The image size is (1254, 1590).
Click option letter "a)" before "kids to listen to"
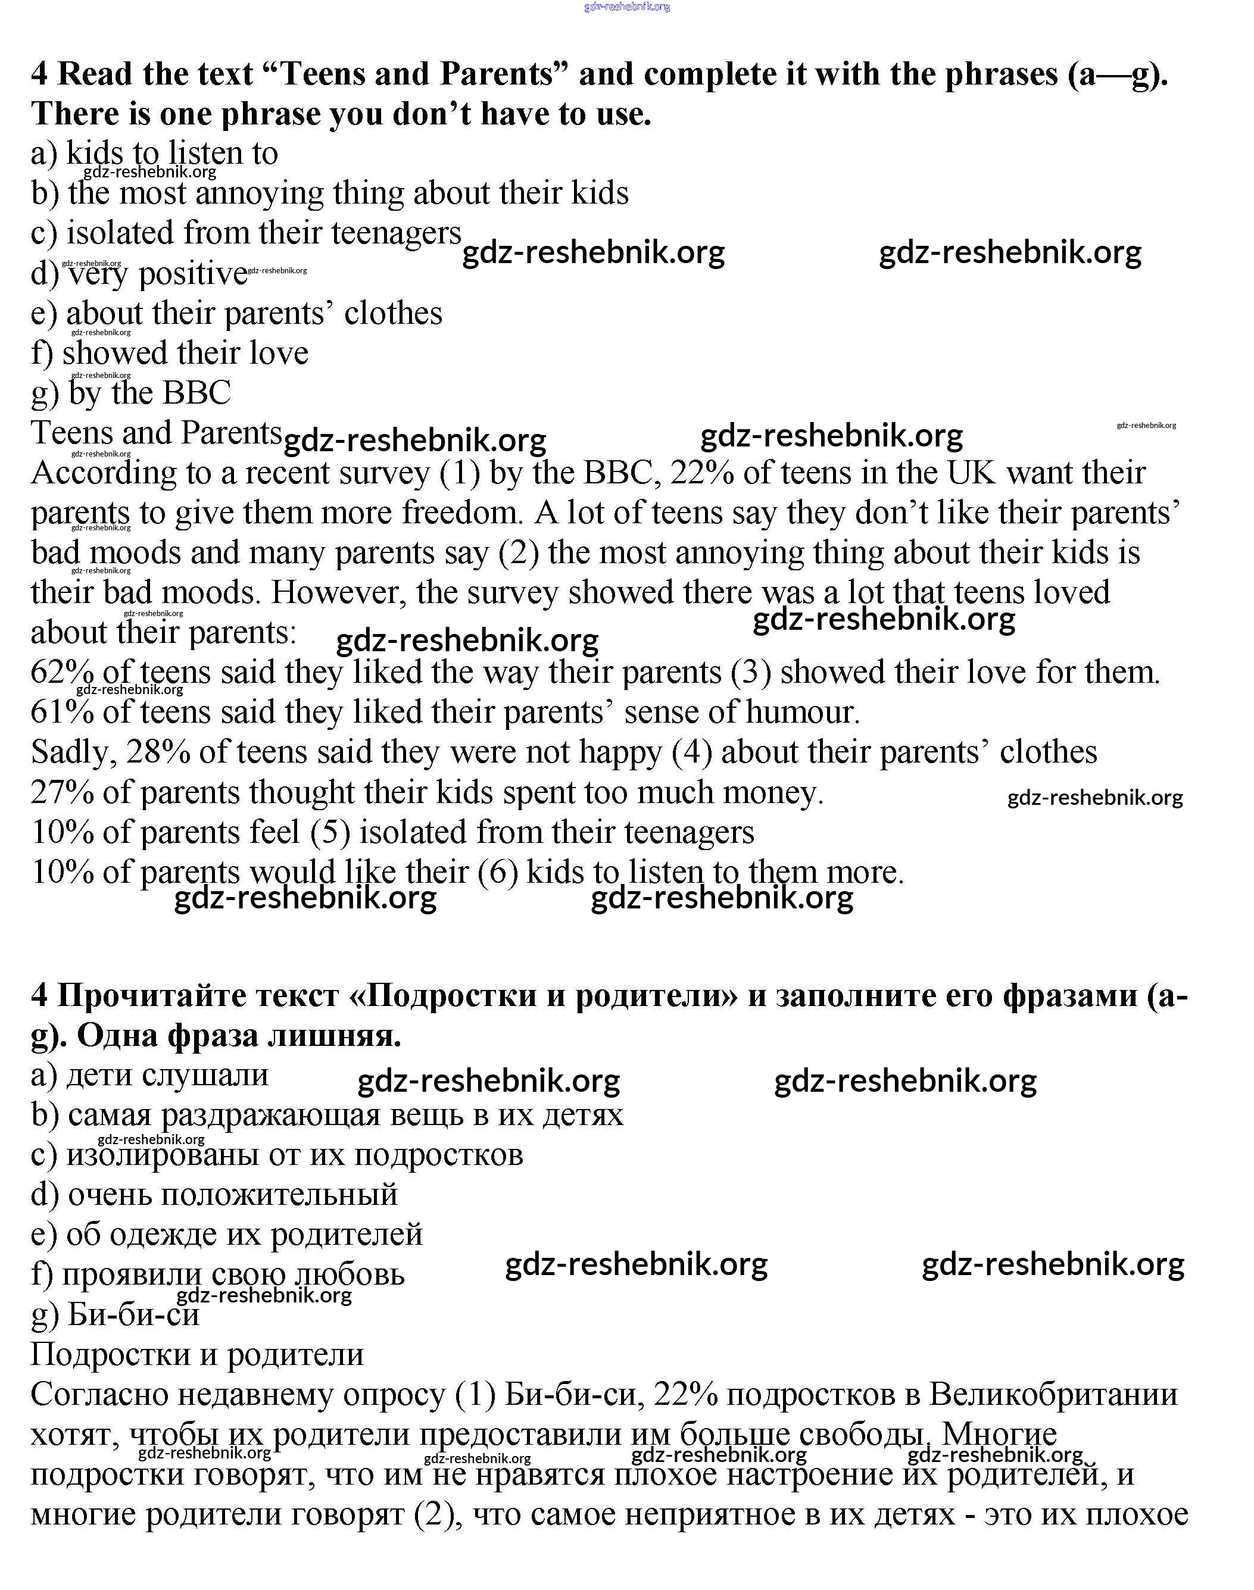44,154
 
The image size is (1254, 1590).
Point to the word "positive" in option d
193,273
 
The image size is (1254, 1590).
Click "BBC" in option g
196,393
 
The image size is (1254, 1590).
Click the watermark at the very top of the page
626,7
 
